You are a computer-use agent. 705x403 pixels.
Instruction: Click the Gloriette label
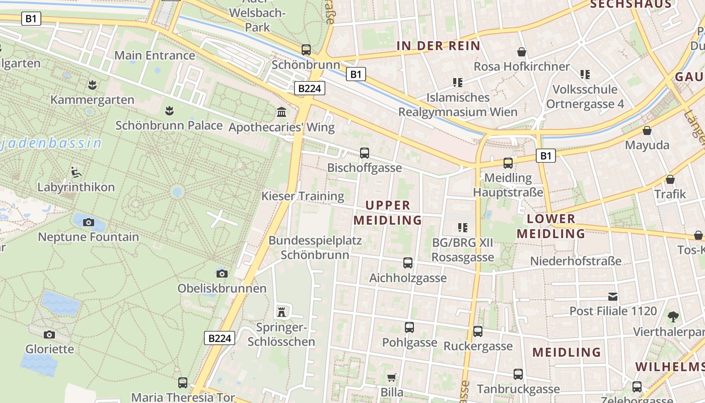pos(50,349)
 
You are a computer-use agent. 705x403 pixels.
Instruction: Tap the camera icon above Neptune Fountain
pos(89,222)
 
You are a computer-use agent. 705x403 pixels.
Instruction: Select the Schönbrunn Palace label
pos(169,125)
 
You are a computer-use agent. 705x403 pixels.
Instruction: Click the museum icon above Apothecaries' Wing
pos(281,112)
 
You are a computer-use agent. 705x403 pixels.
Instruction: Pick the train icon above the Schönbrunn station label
pos(306,50)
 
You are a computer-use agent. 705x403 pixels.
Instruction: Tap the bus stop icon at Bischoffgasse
pos(365,153)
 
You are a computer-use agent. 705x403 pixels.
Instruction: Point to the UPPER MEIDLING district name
pos(388,213)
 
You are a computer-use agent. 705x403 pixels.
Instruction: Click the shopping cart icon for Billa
pos(392,378)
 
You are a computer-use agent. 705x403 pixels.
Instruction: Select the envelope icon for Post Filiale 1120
pos(613,297)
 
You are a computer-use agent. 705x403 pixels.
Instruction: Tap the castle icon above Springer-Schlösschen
pos(281,312)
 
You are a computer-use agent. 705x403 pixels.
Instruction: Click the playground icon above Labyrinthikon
pos(76,172)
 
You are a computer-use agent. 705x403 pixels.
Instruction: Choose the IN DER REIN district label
pos(438,46)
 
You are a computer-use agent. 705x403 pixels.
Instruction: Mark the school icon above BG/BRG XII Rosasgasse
pos(462,228)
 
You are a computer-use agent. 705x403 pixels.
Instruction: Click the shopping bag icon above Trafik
pos(670,179)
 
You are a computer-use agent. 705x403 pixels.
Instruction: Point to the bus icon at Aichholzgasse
pos(408,263)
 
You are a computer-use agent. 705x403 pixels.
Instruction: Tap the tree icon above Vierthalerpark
pos(673,317)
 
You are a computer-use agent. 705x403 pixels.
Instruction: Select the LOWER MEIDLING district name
pos(551,226)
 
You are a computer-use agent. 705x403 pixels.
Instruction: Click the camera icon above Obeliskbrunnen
pos(222,274)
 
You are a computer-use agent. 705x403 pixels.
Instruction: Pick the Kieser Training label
pos(303,196)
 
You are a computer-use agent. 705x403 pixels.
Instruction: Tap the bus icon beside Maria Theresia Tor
pos(183,383)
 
